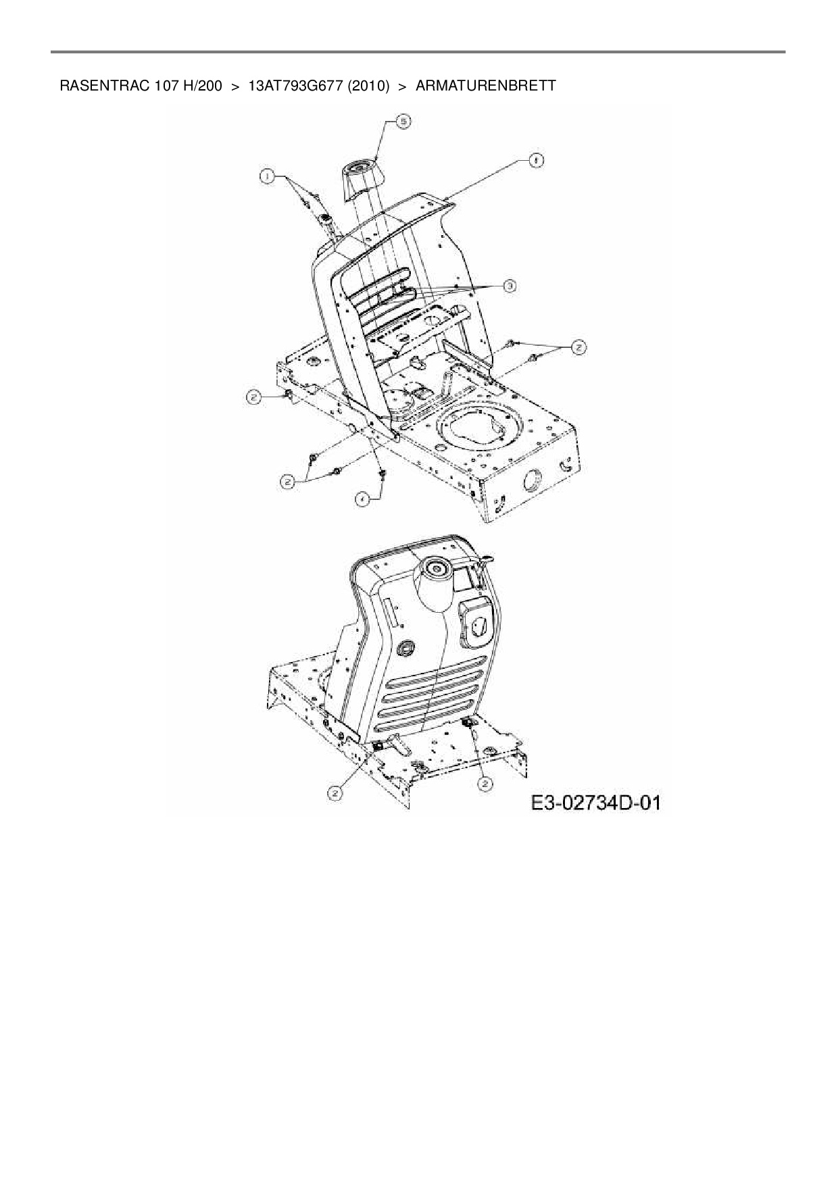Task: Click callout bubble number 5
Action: (x=403, y=122)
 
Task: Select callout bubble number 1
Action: (x=267, y=176)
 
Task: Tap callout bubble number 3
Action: (x=510, y=286)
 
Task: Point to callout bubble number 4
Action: (x=363, y=499)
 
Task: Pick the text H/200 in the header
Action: (x=203, y=86)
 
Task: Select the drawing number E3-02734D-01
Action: (x=595, y=803)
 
